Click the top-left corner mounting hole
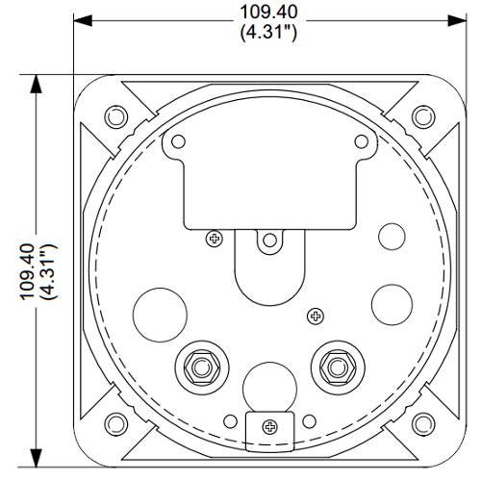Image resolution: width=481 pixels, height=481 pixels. point(114,116)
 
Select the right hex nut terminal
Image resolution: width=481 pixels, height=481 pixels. point(335,366)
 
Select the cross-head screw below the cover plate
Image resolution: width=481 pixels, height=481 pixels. point(214,236)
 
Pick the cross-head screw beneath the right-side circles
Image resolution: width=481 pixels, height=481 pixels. point(313,316)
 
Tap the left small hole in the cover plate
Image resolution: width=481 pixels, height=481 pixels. point(176,142)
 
